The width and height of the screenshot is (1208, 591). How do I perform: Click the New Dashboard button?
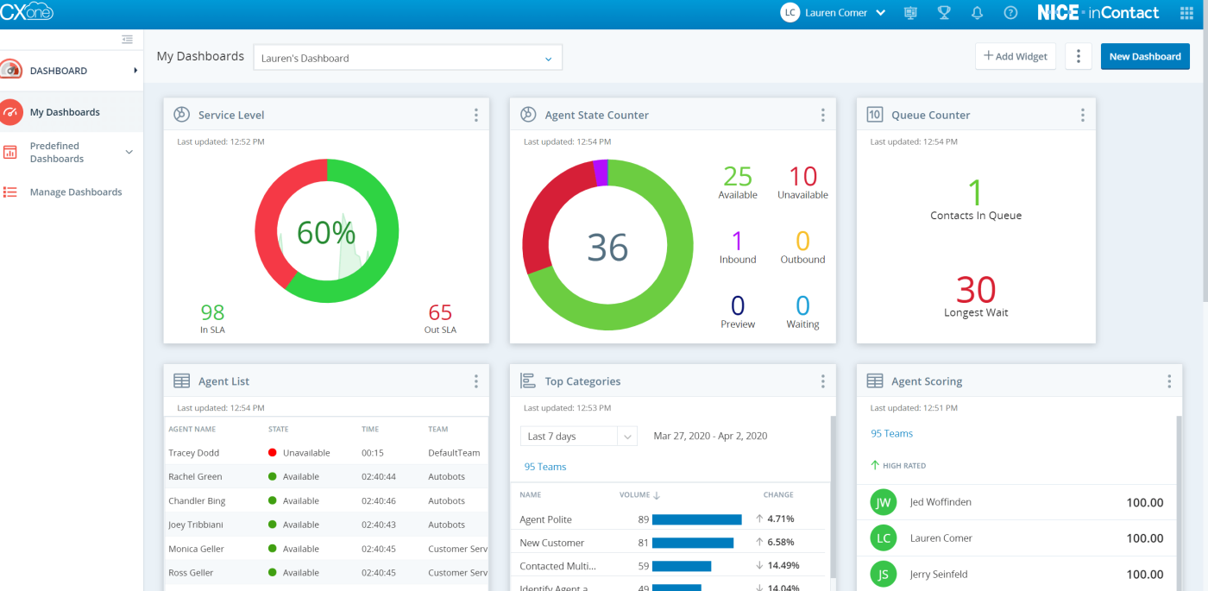[1144, 57]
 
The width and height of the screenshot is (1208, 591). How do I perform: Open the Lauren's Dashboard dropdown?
[407, 58]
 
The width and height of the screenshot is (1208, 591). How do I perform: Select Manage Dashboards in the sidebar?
[76, 192]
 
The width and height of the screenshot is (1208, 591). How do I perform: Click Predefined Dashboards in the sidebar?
[57, 153]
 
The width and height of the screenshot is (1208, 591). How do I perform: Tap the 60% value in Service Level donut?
[326, 233]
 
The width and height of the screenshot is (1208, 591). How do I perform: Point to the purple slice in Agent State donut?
[601, 173]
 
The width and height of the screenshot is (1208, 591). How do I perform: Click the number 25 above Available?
[737, 177]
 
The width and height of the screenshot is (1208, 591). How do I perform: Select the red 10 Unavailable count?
[802, 177]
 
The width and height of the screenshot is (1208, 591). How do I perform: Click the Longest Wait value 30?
[975, 290]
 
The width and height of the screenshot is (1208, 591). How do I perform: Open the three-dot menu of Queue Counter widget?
[1082, 116]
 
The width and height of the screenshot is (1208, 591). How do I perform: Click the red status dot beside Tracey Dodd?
[273, 453]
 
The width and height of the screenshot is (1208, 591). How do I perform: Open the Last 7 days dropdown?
[578, 437]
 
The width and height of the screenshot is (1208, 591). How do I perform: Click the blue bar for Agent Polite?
[696, 519]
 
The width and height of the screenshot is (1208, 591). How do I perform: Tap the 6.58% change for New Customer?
[780, 543]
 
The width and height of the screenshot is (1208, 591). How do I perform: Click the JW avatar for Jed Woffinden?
[883, 502]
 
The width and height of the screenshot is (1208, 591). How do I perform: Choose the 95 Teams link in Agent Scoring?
[891, 434]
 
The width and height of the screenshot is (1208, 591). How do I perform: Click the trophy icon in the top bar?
[944, 13]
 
